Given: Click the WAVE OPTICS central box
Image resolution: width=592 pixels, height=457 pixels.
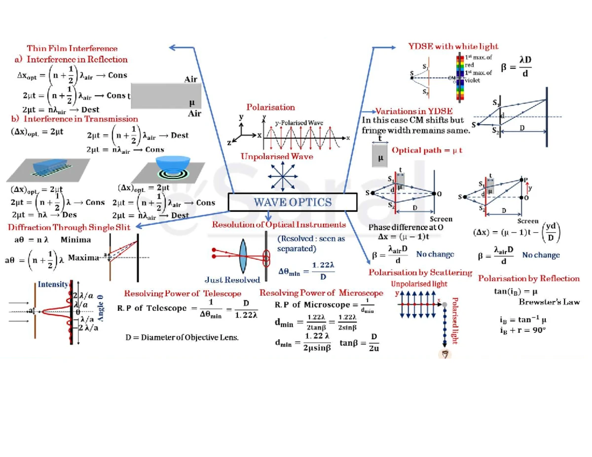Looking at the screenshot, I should click(292, 202).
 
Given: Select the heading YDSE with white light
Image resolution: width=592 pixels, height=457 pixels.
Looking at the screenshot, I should click(453, 46).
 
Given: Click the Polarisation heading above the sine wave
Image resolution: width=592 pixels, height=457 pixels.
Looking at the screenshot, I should click(271, 107).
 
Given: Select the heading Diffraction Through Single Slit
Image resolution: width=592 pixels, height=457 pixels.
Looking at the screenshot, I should click(69, 227).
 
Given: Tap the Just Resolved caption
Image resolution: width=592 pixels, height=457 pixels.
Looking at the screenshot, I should click(232, 280).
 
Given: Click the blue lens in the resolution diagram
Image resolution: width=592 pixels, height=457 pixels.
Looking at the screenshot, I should click(243, 254).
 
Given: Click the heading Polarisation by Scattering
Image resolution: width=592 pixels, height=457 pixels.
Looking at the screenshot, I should click(420, 273).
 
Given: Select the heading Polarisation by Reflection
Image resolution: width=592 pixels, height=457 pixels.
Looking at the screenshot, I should click(529, 279).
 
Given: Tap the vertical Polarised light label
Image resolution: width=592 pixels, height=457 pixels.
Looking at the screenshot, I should click(455, 320).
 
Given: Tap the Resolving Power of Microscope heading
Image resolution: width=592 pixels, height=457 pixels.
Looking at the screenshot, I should click(321, 293).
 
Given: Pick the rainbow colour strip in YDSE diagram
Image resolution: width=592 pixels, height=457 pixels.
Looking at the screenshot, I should click(461, 73).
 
